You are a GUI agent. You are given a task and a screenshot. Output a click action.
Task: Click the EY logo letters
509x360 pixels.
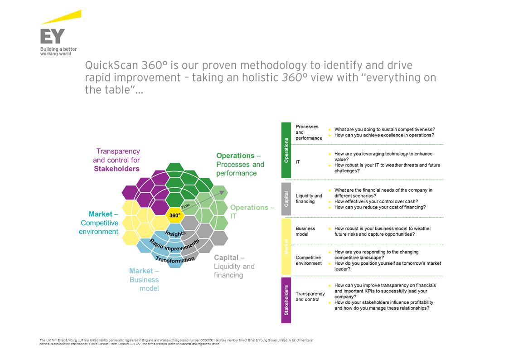point(53,36)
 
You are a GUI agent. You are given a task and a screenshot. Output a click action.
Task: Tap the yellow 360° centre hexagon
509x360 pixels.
point(175,215)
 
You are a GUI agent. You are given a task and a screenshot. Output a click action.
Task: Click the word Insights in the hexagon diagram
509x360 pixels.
point(175,234)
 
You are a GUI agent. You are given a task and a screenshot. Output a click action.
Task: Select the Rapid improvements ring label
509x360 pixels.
point(175,247)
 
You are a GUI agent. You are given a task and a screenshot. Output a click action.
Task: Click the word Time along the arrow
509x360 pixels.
point(186,205)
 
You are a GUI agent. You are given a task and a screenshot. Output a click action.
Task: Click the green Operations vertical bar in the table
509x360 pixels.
point(286,150)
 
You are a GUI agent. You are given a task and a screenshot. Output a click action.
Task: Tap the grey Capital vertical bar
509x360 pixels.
point(286,199)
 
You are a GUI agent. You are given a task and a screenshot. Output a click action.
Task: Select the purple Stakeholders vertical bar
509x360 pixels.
point(286,299)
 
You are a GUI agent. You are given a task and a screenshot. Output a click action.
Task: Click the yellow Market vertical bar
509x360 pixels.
point(286,246)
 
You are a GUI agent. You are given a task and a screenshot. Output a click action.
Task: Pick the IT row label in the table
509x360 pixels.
point(298,162)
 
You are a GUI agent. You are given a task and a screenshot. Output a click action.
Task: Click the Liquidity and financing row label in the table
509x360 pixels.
point(309,199)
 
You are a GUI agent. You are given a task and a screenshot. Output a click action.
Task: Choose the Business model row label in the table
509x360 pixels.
point(305,231)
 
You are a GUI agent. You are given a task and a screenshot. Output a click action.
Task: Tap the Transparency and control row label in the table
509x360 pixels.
point(310,297)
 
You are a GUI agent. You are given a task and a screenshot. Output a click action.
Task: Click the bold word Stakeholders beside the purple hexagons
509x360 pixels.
point(116,169)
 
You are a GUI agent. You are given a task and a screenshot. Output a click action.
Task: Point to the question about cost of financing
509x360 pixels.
point(380,207)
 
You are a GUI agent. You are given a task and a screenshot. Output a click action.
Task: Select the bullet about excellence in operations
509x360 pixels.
point(384,135)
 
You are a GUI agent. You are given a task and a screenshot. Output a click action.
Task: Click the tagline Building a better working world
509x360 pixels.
point(58,51)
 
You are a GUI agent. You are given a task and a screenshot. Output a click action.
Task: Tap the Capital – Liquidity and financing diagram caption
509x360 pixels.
point(234,266)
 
